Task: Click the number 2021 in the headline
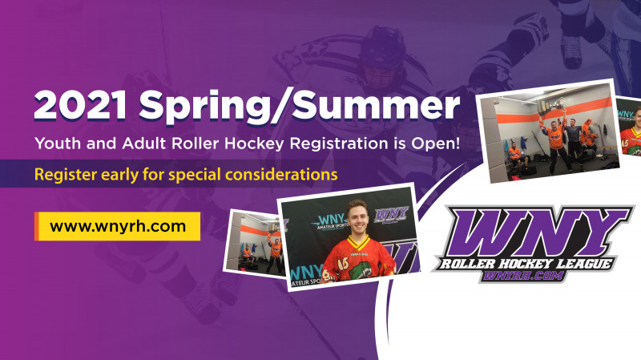click(81, 106)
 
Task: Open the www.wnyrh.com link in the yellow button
click(118, 226)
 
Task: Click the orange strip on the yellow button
click(36, 226)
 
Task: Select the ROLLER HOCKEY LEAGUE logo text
click(526, 264)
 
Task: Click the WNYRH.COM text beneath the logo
click(523, 276)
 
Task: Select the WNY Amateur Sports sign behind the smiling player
click(330, 221)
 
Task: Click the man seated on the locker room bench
click(516, 156)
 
